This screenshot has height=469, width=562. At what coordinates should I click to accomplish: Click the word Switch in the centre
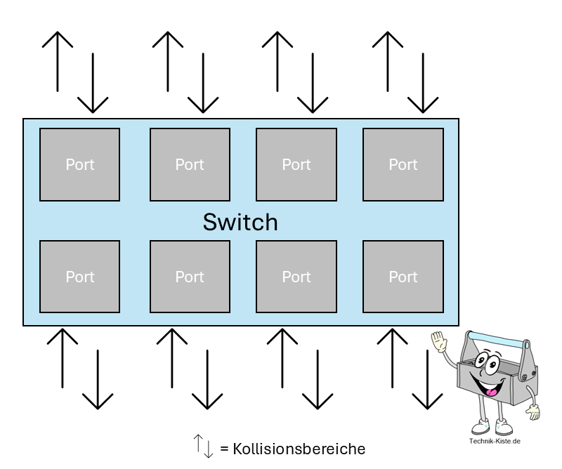pyautogui.click(x=240, y=222)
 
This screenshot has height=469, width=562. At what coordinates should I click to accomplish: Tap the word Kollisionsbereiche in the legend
pyautogui.click(x=299, y=448)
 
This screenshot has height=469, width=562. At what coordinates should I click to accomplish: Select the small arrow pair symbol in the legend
pyautogui.click(x=203, y=446)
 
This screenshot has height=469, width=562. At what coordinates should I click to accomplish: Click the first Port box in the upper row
pyautogui.click(x=79, y=164)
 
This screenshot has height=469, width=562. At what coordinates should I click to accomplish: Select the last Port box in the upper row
pyautogui.click(x=403, y=164)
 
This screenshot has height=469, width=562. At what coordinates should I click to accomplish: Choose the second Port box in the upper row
pyautogui.click(x=190, y=164)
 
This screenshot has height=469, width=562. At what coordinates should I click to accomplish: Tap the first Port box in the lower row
pyautogui.click(x=79, y=277)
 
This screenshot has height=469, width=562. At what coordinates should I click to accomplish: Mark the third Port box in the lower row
pyautogui.click(x=296, y=277)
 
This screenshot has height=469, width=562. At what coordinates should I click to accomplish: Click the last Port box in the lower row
pyautogui.click(x=403, y=277)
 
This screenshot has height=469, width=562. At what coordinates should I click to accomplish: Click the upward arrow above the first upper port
pyautogui.click(x=58, y=61)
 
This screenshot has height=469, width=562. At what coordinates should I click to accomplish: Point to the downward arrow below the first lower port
pyautogui.click(x=98, y=379)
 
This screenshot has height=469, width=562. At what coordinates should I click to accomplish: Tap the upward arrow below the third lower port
pyautogui.click(x=283, y=357)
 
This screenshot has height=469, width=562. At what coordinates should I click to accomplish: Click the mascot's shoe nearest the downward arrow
pyautogui.click(x=480, y=426)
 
